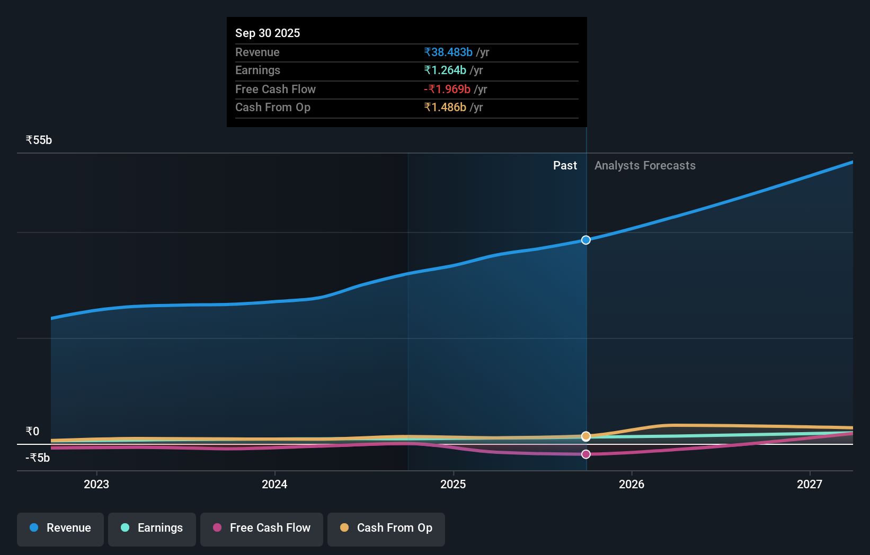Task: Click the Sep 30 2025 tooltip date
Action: (268, 33)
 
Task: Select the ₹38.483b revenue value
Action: (448, 52)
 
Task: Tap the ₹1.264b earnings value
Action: (445, 70)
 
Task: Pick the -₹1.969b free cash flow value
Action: (447, 89)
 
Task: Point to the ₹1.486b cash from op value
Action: (445, 107)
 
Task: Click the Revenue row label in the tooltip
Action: (257, 52)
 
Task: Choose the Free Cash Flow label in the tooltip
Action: (275, 89)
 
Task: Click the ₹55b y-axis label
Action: (39, 140)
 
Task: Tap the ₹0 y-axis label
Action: (32, 431)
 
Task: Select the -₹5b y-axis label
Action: (38, 458)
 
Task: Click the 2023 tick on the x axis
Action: (96, 484)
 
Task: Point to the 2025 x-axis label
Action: (453, 484)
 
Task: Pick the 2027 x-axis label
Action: (810, 484)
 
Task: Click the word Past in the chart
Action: (565, 165)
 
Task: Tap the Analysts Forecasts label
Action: (645, 165)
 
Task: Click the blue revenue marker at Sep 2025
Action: (586, 240)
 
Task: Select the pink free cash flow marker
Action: (586, 454)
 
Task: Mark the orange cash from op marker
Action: (586, 436)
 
